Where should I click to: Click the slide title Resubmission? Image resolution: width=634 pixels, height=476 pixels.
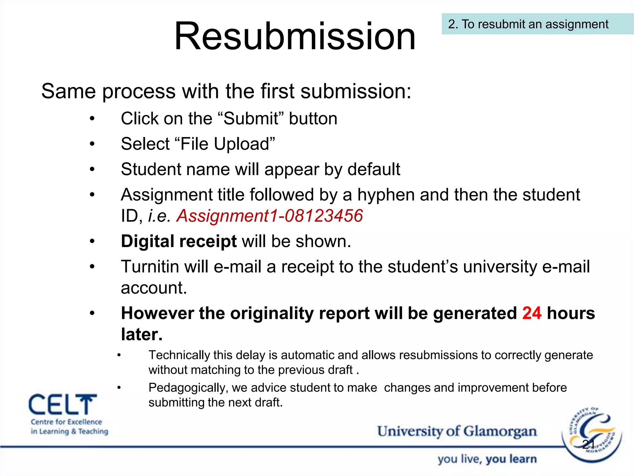[295, 37]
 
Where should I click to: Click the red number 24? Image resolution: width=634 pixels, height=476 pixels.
[532, 313]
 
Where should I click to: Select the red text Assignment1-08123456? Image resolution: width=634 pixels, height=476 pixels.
[269, 216]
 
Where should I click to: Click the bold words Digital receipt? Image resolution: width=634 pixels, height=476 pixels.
[179, 241]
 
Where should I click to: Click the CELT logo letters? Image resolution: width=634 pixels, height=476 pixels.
[63, 405]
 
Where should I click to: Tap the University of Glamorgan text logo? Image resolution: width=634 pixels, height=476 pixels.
[457, 431]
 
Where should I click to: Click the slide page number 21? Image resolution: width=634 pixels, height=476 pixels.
[588, 444]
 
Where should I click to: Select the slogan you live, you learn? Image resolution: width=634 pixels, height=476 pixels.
[487, 459]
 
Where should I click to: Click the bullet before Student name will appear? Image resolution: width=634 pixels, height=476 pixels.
[92, 170]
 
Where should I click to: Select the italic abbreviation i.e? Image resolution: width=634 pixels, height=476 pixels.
[159, 216]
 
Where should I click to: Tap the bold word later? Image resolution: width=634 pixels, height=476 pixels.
[141, 335]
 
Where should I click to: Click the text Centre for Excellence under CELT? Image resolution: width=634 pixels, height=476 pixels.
[66, 422]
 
